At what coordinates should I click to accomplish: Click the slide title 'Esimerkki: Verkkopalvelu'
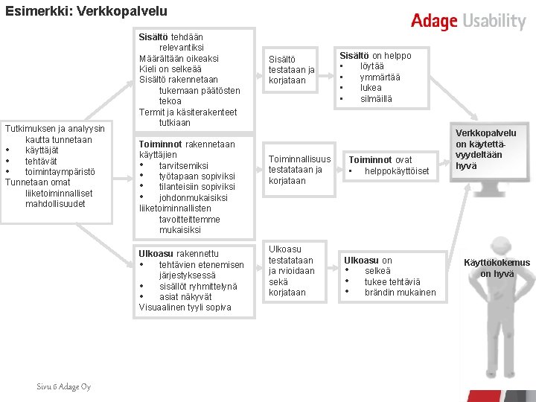point(86,12)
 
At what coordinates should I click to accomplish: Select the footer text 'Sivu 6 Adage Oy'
point(64,386)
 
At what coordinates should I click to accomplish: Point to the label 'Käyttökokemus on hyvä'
point(497,268)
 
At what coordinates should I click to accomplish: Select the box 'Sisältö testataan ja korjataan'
point(291,69)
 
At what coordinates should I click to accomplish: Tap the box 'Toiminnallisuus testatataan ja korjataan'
point(299,170)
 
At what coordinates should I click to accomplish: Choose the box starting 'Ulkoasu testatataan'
point(291,270)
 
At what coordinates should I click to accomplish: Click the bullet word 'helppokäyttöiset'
point(397,171)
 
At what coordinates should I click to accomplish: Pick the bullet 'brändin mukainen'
point(400,293)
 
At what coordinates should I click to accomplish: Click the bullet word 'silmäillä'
point(376,99)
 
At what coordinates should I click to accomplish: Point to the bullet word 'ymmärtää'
point(380,77)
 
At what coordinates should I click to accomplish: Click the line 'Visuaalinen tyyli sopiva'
point(185,307)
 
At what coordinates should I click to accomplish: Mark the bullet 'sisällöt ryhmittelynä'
point(197,286)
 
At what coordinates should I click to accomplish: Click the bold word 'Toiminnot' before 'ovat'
point(371,160)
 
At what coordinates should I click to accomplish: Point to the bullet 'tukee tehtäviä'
point(392,282)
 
